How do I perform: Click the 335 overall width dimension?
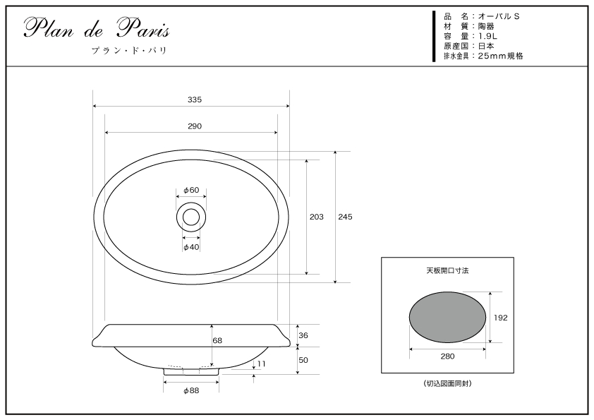tap(195, 100)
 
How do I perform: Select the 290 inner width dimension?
tap(195, 126)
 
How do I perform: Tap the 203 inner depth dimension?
tap(316, 217)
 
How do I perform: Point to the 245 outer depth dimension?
tap(345, 217)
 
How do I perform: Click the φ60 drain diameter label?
tap(191, 190)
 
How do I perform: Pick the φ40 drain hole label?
tap(191, 247)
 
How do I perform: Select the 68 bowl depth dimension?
tap(217, 340)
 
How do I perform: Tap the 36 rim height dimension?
tap(303, 335)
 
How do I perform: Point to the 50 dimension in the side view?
tap(303, 360)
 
